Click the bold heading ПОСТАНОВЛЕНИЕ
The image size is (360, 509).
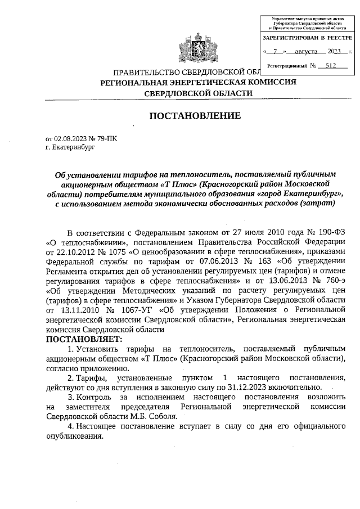coord(195,116)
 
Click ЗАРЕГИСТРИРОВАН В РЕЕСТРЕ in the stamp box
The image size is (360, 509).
coord(307,38)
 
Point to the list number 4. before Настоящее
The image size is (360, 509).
coord(70,427)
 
